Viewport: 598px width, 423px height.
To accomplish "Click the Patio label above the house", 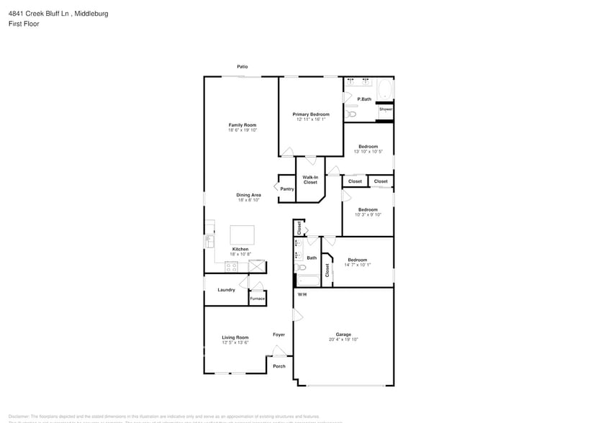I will (x=243, y=67).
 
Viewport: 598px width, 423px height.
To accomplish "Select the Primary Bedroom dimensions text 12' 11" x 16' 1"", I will (x=311, y=119).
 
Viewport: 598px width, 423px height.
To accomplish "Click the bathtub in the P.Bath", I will (x=385, y=91).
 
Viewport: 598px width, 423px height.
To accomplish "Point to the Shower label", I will (x=386, y=109).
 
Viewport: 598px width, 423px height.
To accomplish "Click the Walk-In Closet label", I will (x=310, y=180).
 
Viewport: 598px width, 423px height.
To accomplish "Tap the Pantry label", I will (x=287, y=189).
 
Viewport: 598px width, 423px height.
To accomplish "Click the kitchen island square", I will (x=242, y=235).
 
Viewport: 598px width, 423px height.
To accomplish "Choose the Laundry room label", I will (x=226, y=290).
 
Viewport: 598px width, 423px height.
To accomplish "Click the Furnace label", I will (x=257, y=299).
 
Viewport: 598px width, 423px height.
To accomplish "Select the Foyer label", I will (x=278, y=335).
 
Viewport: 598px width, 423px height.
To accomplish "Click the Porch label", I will (x=278, y=366).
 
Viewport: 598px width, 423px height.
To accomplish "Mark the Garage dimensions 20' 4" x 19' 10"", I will (x=343, y=340).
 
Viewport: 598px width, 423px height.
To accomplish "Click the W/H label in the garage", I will (x=302, y=294).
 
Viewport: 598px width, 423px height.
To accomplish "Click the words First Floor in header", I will (x=24, y=24).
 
